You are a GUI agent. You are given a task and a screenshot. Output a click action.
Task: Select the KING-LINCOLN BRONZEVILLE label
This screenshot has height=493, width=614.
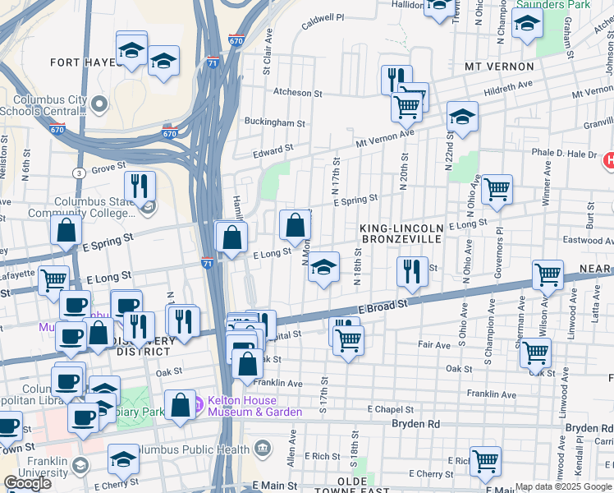[x=401, y=233]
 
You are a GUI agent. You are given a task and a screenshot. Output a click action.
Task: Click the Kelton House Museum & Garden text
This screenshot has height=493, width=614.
[x=244, y=406]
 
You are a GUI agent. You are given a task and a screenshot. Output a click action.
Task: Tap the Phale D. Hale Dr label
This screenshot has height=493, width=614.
[x=563, y=154]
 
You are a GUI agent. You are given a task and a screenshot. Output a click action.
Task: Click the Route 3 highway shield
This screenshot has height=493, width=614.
[x=78, y=173]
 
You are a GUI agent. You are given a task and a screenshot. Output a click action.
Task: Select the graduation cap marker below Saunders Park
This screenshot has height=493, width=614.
[x=526, y=25]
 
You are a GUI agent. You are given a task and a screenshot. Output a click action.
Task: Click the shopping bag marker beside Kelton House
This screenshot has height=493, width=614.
[x=180, y=404]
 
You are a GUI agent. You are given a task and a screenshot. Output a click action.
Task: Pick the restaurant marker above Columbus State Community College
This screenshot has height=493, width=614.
[x=140, y=186]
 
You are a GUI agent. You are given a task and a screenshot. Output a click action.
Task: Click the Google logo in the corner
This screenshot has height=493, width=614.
[x=28, y=483]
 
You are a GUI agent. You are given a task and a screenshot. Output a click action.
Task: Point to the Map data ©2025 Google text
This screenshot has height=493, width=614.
[x=562, y=486]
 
